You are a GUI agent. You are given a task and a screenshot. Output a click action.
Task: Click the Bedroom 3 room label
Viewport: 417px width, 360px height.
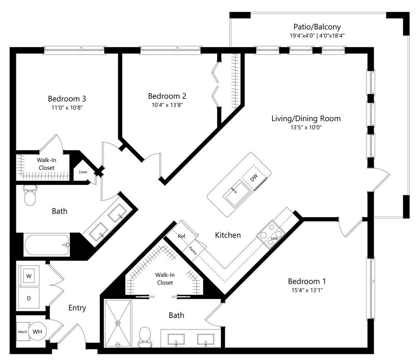click(67, 99)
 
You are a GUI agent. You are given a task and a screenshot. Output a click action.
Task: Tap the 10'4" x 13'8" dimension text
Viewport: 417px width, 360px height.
click(167, 105)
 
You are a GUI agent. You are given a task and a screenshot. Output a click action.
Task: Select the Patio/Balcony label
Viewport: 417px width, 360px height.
click(317, 27)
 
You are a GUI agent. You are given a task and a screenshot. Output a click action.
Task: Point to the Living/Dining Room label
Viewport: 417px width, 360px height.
click(306, 119)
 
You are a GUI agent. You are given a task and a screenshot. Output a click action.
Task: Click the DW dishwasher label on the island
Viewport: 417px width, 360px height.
click(254, 178)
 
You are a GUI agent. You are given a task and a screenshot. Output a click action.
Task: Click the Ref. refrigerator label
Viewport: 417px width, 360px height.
click(182, 236)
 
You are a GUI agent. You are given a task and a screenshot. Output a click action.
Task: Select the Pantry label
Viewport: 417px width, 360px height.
click(193, 251)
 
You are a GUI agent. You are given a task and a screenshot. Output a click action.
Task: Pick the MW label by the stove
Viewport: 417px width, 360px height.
click(274, 239)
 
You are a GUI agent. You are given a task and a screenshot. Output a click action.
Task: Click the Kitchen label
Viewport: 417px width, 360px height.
click(228, 235)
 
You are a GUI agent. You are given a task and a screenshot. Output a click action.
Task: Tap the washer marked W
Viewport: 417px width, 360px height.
click(29, 276)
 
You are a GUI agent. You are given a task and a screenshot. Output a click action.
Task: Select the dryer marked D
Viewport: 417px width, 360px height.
click(29, 298)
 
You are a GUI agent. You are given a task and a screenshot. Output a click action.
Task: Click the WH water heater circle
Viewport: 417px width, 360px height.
click(37, 331)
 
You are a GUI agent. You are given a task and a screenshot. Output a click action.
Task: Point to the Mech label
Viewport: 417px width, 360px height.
click(23, 332)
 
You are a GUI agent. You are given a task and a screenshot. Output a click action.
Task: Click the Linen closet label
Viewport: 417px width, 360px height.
click(83, 172)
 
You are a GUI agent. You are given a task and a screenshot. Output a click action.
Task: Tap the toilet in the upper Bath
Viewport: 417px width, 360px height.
click(29, 195)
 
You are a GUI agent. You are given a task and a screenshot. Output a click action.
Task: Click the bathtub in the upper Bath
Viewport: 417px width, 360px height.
click(47, 245)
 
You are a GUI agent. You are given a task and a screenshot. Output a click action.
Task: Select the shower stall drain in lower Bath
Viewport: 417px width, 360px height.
click(118, 323)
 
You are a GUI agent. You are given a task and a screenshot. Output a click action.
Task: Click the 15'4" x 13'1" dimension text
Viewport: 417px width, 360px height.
click(307, 290)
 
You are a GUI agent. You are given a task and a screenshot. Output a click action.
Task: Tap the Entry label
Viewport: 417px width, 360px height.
click(77, 308)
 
